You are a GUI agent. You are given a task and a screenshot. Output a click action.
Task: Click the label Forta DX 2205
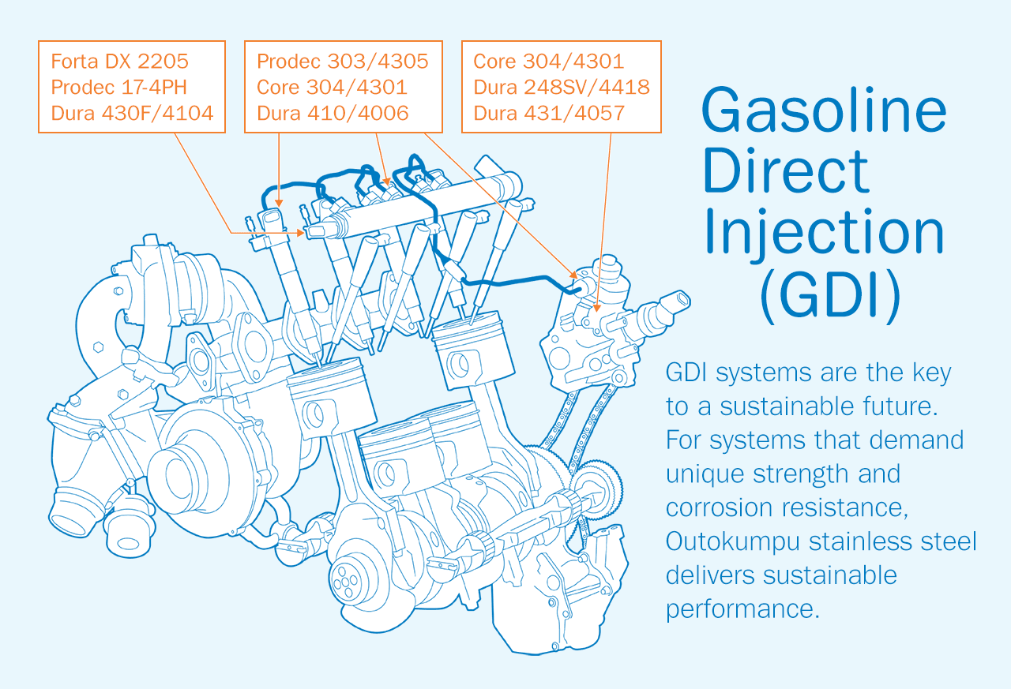click(x=119, y=62)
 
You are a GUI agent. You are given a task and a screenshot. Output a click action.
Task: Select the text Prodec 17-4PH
click(x=118, y=87)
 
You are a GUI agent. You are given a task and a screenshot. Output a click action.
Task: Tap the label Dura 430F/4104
click(x=132, y=113)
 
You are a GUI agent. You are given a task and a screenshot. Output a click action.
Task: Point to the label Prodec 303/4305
click(x=342, y=62)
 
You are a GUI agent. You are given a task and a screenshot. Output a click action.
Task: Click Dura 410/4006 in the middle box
click(x=333, y=113)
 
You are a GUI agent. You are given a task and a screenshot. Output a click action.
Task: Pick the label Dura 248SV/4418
click(x=562, y=87)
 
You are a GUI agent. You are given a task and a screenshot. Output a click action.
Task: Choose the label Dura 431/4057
click(x=549, y=113)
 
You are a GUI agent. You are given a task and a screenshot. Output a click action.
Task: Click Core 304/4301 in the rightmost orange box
click(x=548, y=62)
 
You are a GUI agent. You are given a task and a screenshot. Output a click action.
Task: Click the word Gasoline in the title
click(x=824, y=110)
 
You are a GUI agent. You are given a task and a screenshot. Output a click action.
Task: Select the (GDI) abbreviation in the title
click(x=830, y=296)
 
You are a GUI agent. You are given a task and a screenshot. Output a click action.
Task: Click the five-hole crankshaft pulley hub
click(x=346, y=582)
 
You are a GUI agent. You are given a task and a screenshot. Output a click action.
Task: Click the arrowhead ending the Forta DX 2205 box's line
click(x=300, y=233)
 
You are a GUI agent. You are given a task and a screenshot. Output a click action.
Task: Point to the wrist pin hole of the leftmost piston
click(x=314, y=414)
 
